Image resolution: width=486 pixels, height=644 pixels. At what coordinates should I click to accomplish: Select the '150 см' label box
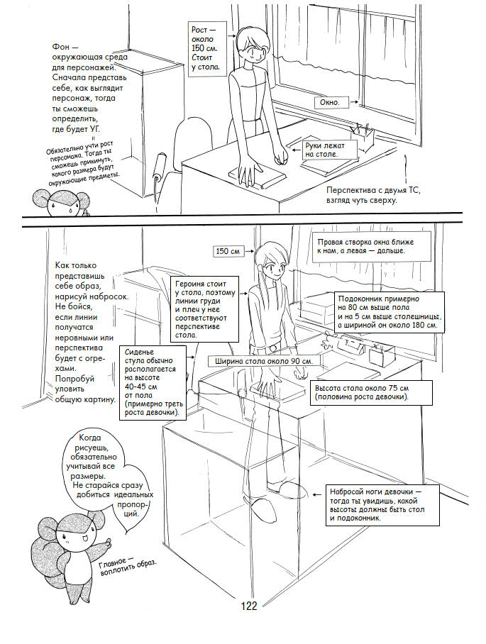tap(228, 251)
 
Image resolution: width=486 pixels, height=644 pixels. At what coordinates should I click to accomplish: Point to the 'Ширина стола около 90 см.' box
tap(262, 361)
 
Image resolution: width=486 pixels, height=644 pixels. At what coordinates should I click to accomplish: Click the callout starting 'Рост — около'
tap(206, 48)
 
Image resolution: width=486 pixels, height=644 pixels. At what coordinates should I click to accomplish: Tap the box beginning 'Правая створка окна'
tap(365, 246)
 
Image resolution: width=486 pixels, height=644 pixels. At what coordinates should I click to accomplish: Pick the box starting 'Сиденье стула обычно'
tap(152, 381)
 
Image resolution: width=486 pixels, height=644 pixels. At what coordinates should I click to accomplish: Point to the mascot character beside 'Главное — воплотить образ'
tap(71, 547)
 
